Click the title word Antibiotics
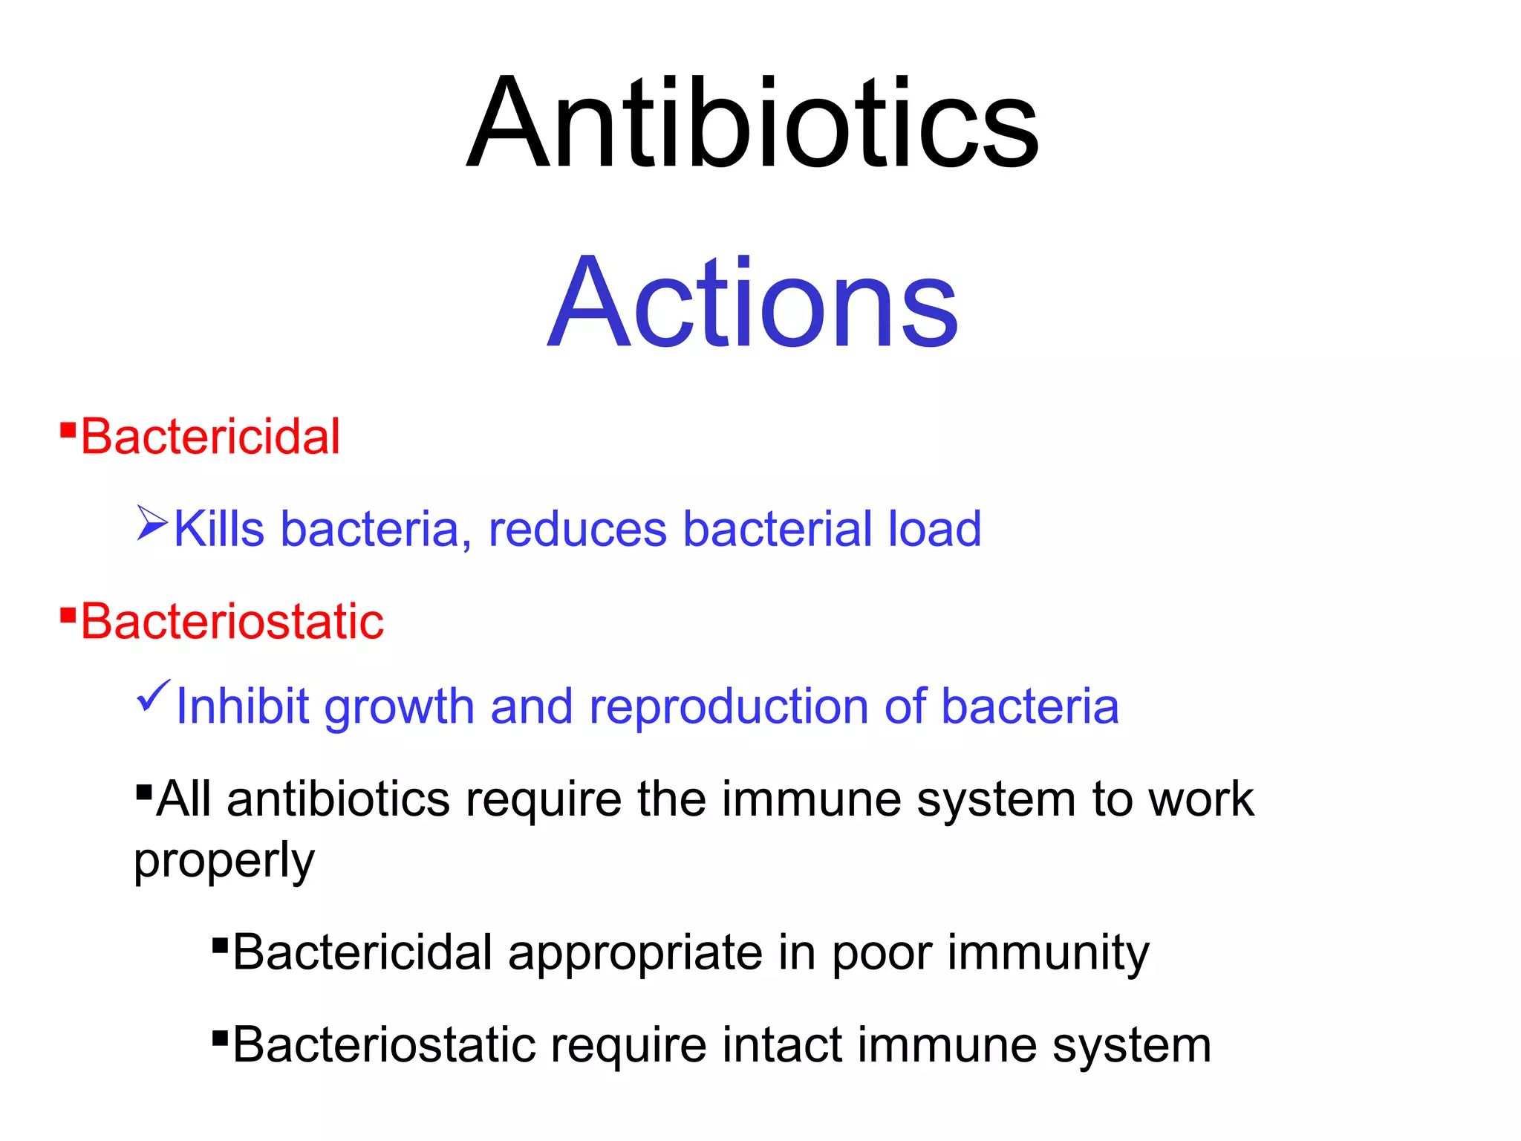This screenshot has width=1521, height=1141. pyautogui.click(x=753, y=124)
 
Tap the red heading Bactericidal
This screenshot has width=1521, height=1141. pyautogui.click(x=210, y=437)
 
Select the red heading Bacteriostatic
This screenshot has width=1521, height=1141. pyautogui.click(x=232, y=621)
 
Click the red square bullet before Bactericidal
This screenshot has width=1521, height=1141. pyautogui.click(x=68, y=430)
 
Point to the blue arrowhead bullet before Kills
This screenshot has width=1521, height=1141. pyautogui.click(x=152, y=523)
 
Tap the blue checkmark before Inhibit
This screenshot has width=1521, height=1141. pyautogui.click(x=154, y=697)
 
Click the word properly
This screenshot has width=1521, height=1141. pyautogui.click(x=224, y=862)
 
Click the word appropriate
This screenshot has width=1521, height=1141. pyautogui.click(x=635, y=954)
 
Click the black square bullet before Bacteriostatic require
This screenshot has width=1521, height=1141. pyautogui.click(x=219, y=1037)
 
